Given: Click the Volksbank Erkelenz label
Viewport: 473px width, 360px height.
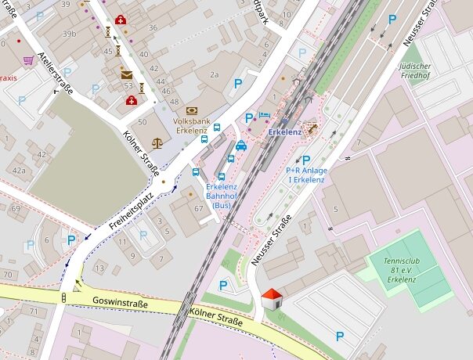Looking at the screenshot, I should (x=191, y=126).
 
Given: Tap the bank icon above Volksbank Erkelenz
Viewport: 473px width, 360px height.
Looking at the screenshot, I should (x=191, y=111).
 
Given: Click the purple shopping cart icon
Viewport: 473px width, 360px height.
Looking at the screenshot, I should (x=29, y=60).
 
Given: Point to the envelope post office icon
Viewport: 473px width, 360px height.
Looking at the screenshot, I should (x=127, y=75).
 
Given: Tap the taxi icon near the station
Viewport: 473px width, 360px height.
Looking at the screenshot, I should (x=241, y=145).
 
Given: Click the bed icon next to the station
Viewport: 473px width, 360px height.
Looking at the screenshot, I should (x=265, y=115).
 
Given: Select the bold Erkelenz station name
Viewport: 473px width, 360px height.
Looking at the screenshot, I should (x=285, y=132).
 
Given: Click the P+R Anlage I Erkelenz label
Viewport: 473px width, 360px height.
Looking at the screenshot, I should (x=305, y=175).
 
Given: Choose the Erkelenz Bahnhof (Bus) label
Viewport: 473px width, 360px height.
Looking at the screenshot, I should (x=222, y=196).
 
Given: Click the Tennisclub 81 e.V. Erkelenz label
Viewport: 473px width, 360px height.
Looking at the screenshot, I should (x=400, y=269).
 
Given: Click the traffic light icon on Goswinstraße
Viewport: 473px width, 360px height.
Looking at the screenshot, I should (x=63, y=297).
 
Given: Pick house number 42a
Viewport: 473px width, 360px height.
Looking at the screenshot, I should (x=17, y=170).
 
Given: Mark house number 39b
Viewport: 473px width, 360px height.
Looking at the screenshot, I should (x=70, y=34).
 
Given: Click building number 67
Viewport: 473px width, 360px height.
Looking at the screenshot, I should (x=198, y=209).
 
